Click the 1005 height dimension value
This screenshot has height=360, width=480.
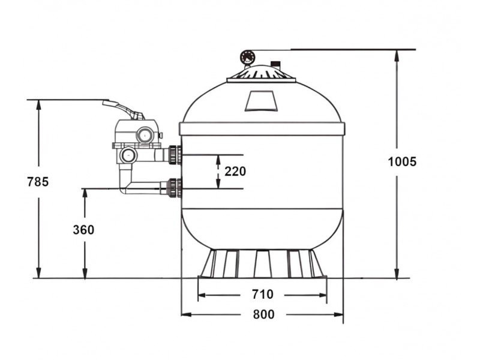pyautogui.click(x=402, y=161)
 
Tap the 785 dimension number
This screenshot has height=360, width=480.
pyautogui.click(x=38, y=182)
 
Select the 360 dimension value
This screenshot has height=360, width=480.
pyautogui.click(x=83, y=230)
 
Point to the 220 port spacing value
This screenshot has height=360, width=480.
pyautogui.click(x=235, y=172)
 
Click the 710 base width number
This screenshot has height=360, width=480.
pyautogui.click(x=263, y=294)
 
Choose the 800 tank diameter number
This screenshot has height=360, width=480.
pyautogui.click(x=263, y=314)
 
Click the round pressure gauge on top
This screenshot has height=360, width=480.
pyautogui.click(x=247, y=57)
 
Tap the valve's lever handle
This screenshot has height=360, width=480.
pyautogui.click(x=124, y=109)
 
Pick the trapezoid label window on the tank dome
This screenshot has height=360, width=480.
pyautogui.click(x=261, y=100)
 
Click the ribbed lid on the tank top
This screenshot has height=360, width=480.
pyautogui.click(x=261, y=74)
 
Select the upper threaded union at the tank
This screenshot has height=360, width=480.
pyautogui.click(x=175, y=155)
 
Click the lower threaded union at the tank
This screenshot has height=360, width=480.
pyautogui.click(x=175, y=188)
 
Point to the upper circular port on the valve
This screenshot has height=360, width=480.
pyautogui.click(x=145, y=134)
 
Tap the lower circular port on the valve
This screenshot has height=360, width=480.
pyautogui.click(x=127, y=155)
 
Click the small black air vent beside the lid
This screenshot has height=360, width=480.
pyautogui.click(x=276, y=64)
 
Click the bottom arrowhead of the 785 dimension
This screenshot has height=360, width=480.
pyautogui.click(x=38, y=272)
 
